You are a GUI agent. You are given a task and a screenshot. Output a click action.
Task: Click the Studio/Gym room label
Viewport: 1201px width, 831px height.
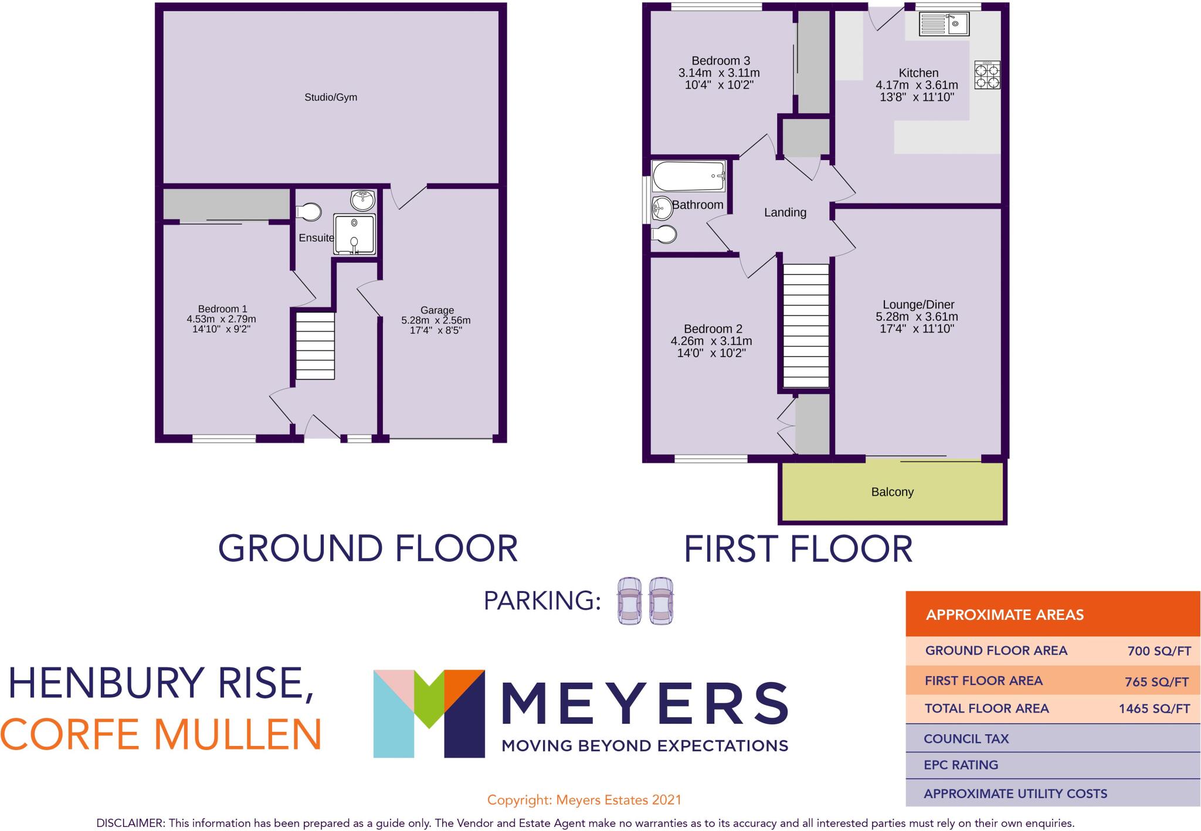(x=330, y=97)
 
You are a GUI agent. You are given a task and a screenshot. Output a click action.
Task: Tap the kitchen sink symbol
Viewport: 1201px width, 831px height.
(x=944, y=25)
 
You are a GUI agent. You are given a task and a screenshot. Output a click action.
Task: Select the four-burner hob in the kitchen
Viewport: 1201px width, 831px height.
(x=987, y=76)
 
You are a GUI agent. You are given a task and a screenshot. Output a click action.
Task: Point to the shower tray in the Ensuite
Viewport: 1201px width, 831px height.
(x=354, y=234)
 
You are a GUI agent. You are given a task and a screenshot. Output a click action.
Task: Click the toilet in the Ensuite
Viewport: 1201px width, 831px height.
(x=309, y=211)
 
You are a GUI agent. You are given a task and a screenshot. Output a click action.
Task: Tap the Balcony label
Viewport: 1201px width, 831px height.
(x=892, y=492)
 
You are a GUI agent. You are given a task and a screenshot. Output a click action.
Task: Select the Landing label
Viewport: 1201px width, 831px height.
(x=785, y=212)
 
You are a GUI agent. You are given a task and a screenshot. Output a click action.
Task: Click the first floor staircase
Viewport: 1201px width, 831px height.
(x=806, y=325)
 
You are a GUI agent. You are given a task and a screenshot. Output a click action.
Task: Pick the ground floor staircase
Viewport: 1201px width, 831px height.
(x=314, y=346)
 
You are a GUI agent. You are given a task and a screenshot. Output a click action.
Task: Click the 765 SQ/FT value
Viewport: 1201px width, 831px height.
(x=1156, y=681)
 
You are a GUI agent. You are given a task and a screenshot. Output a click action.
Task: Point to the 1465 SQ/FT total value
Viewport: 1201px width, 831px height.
(x=1154, y=708)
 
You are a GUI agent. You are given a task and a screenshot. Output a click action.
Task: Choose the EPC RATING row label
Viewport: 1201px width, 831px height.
(x=961, y=765)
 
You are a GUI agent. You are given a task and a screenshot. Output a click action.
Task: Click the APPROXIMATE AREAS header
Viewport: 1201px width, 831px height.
(x=1004, y=615)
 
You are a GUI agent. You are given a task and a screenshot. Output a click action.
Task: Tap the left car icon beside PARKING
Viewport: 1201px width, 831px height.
(x=629, y=601)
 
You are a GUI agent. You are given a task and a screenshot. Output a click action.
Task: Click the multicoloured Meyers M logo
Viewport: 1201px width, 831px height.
(x=429, y=713)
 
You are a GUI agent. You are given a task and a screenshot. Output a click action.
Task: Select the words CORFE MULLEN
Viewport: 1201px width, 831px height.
(x=161, y=734)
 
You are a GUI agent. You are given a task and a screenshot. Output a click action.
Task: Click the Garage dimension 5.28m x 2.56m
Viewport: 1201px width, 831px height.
(x=436, y=320)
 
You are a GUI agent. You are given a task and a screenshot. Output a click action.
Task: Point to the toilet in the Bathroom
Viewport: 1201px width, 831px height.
(x=664, y=235)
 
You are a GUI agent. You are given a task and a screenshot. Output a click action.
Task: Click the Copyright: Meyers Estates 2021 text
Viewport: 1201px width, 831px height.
(x=584, y=799)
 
